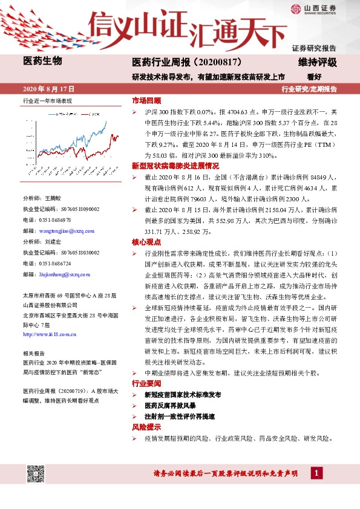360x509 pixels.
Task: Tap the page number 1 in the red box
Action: click(x=316, y=472)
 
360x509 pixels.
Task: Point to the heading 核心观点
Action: click(x=146, y=242)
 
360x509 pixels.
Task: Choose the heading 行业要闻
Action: click(x=146, y=384)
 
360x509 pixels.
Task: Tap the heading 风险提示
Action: click(x=146, y=427)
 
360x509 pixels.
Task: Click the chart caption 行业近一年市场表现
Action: click(x=47, y=100)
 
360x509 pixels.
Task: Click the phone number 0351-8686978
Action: click(x=54, y=220)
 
